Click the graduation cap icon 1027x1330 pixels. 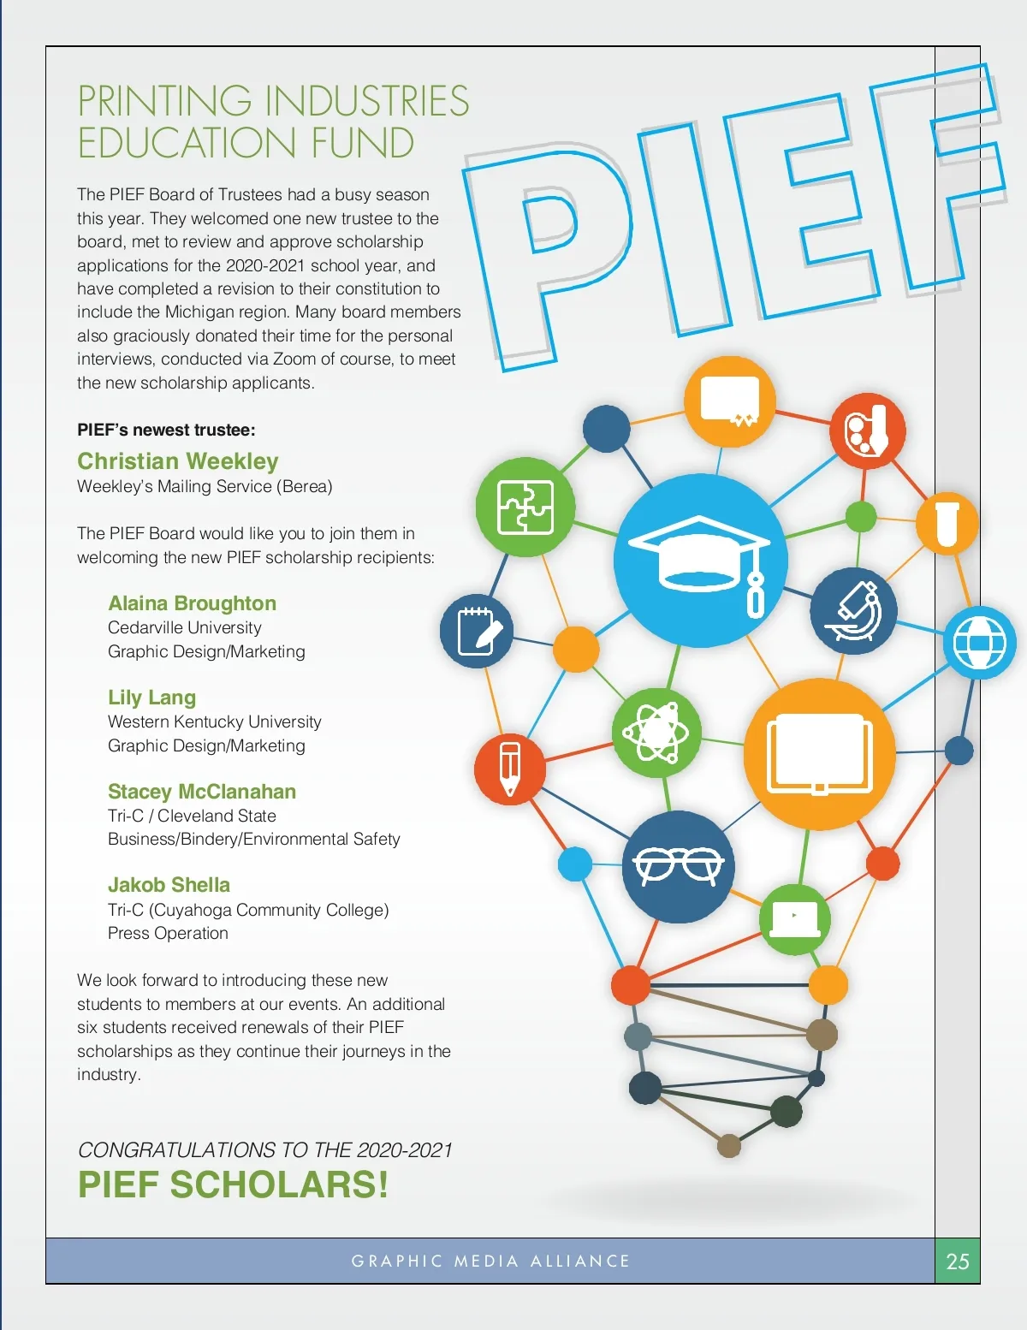point(700,561)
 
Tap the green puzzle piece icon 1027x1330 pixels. point(525,507)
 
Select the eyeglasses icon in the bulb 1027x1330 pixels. point(678,866)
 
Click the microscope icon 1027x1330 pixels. point(854,611)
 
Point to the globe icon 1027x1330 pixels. point(979,643)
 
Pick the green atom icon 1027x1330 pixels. point(656,732)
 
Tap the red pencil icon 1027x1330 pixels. point(509,769)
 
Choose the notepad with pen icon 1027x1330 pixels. point(476,631)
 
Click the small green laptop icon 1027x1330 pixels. point(794,919)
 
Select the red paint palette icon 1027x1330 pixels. point(867,430)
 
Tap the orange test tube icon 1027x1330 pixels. point(947,524)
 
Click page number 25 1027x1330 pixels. point(957,1261)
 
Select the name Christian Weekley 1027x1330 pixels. point(177,461)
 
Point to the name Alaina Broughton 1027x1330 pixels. point(192,603)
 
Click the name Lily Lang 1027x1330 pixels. point(151,698)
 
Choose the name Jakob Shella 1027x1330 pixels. point(169,885)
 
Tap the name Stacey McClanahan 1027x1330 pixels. point(202,792)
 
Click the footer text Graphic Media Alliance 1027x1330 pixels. point(490,1261)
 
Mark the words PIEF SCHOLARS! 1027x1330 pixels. point(233,1185)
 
